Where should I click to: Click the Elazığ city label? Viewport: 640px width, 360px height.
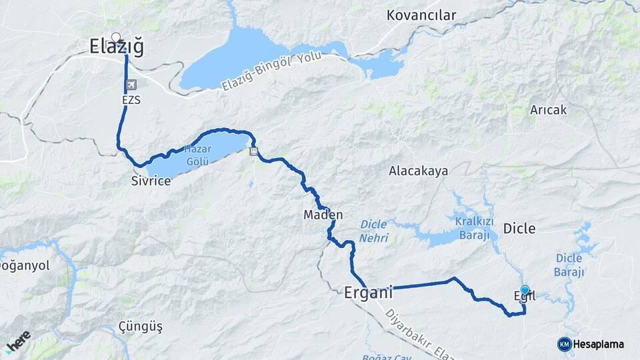(116, 47)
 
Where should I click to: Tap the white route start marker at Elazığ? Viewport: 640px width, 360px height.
(116, 37)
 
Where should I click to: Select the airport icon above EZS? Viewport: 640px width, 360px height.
(131, 86)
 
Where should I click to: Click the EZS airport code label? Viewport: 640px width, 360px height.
(131, 100)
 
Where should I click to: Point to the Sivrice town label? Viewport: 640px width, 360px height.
(151, 181)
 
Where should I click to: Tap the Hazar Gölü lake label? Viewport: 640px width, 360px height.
(197, 156)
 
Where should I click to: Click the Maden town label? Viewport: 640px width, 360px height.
(323, 215)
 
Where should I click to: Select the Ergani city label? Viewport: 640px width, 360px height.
(368, 292)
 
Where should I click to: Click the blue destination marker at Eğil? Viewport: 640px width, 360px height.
(525, 290)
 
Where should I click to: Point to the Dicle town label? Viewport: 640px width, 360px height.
(519, 229)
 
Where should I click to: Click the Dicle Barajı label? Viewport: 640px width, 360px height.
(569, 265)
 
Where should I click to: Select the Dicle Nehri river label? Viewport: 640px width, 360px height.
(374, 231)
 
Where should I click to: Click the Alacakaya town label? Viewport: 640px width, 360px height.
(419, 171)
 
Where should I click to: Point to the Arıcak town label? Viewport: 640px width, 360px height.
(548, 110)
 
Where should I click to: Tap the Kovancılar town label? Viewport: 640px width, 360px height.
(422, 15)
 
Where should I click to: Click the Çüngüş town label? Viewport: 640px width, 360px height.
(140, 327)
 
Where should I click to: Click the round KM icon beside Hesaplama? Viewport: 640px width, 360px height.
(564, 344)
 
